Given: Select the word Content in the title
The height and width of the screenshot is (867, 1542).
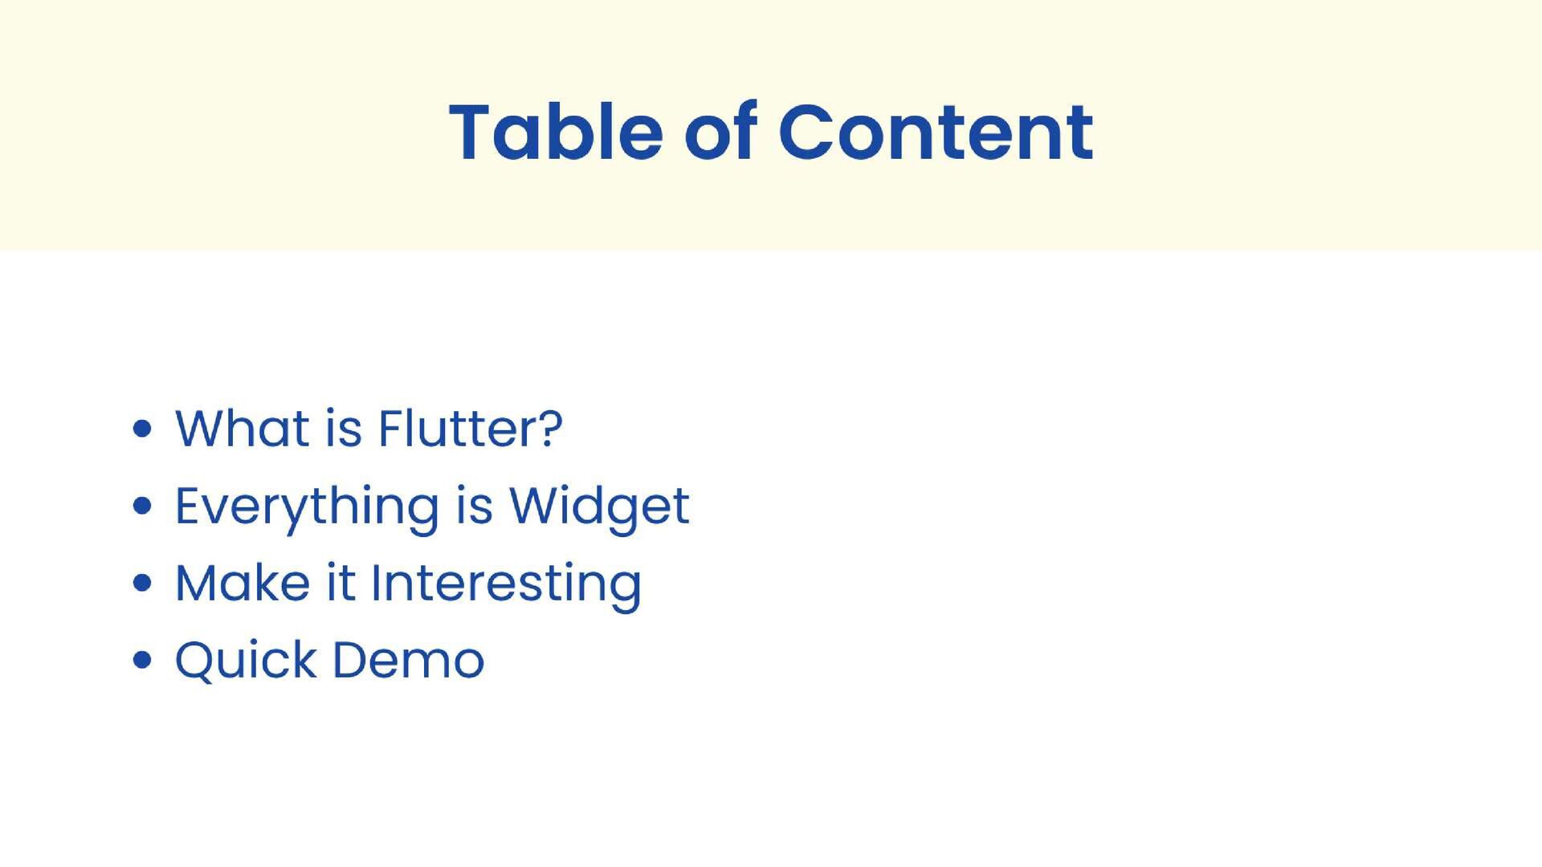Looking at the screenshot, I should coord(935,132).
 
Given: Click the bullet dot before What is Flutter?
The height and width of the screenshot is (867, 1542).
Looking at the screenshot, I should coord(142,429).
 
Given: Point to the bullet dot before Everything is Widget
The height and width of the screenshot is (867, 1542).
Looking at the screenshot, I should coord(142,507).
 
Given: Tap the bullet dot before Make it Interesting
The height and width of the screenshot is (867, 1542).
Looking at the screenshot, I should coord(142,584).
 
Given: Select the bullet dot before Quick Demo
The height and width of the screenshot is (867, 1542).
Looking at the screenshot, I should coord(142,661).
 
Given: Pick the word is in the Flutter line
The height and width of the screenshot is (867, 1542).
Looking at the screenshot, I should coord(344,429).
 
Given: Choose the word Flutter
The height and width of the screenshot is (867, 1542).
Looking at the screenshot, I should coord(454,429).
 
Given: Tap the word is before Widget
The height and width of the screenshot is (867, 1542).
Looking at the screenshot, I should coord(474,507).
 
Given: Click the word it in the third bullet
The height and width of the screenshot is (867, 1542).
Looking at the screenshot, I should coord(341,584).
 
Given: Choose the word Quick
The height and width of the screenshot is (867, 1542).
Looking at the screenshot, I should coord(246,661).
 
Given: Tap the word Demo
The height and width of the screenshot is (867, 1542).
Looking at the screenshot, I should coord(409,661).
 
